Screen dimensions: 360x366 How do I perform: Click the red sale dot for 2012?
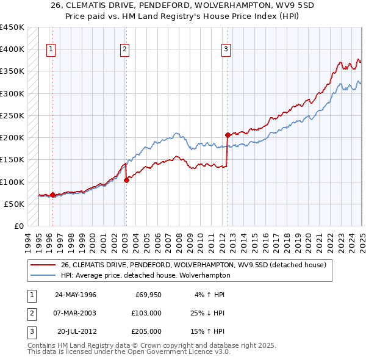(228, 135)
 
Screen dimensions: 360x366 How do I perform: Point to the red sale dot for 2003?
(126, 180)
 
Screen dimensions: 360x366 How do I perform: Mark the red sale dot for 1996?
(52, 195)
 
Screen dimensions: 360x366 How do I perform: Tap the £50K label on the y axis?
(14, 204)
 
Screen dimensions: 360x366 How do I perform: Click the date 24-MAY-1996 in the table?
(75, 295)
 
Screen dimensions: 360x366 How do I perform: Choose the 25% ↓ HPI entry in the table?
(204, 313)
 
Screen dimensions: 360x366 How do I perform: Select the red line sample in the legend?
(44, 265)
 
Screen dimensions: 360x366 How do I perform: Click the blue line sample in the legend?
(44, 275)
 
